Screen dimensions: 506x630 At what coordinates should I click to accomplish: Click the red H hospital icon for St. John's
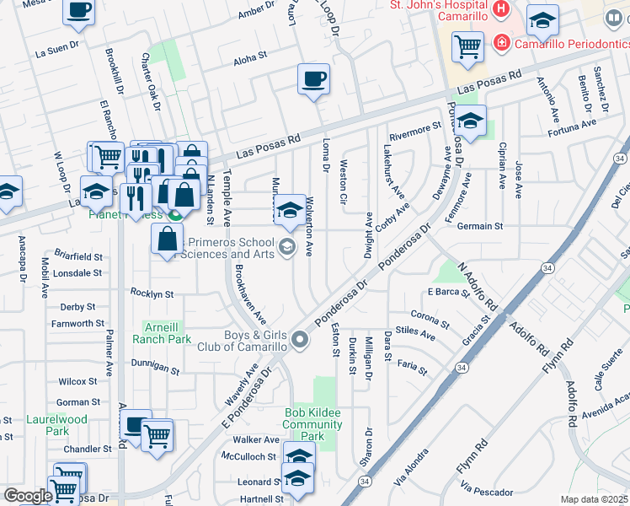[x=502, y=10]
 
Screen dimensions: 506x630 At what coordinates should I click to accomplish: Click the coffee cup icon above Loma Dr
[x=313, y=80]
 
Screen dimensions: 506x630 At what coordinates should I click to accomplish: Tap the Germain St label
[x=479, y=226]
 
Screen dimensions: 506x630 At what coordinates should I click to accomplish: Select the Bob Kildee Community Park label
[x=313, y=425]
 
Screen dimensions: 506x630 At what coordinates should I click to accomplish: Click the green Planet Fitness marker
[x=174, y=213]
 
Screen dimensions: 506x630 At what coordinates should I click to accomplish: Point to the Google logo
[x=27, y=496]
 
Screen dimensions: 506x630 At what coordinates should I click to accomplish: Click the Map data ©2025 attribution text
[x=594, y=499]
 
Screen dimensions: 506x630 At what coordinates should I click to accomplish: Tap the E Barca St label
[x=447, y=292]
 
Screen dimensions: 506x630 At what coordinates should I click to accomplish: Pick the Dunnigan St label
[x=155, y=369]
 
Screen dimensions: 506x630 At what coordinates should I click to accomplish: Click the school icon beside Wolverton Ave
[x=290, y=210]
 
